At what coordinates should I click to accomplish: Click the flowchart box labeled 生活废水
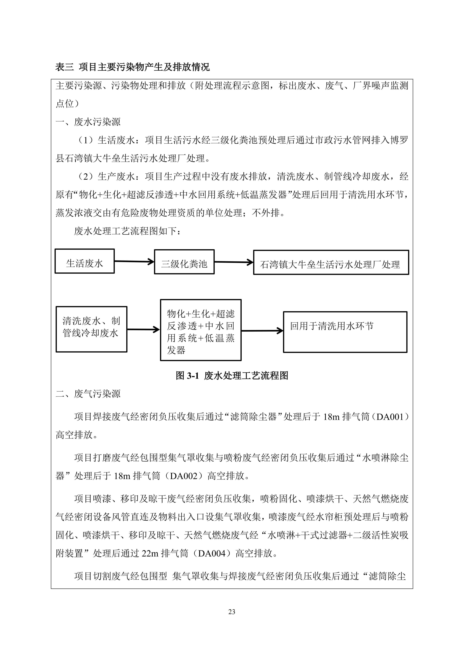point(85,261)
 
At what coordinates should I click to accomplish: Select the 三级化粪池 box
point(184,262)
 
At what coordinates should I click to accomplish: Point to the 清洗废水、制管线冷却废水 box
point(91,329)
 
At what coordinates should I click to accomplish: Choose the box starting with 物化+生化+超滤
point(201,330)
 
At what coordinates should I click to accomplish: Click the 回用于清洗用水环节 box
point(345,332)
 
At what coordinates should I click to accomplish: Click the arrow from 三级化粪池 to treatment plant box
point(233,262)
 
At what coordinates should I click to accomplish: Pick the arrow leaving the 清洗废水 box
point(143,329)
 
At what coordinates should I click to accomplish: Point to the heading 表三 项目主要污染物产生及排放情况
point(132,67)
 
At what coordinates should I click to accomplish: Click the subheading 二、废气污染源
point(88,394)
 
